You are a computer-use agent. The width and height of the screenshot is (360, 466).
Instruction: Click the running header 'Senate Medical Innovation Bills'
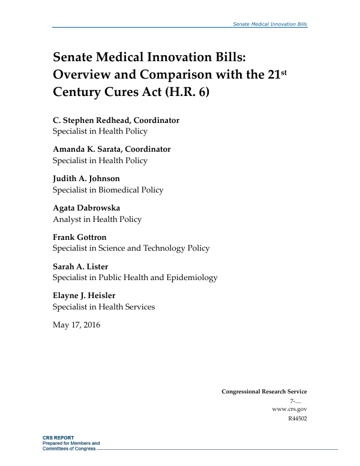(x=269, y=23)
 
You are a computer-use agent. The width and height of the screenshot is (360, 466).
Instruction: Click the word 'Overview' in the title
(x=85, y=76)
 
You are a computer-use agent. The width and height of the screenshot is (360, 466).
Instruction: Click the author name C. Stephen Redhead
(x=92, y=120)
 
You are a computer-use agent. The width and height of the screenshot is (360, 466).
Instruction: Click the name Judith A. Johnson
(x=86, y=178)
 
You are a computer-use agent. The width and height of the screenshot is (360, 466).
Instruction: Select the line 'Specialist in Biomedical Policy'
(x=108, y=190)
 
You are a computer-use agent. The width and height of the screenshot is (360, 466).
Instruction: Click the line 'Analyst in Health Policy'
(x=97, y=219)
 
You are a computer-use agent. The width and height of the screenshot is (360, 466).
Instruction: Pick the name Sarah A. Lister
(x=80, y=266)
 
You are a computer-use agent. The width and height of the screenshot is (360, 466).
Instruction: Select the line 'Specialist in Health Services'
(x=104, y=307)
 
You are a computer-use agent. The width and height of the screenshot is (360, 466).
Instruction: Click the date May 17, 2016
(x=77, y=325)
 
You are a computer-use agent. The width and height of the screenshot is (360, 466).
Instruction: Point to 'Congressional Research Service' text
(x=264, y=392)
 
